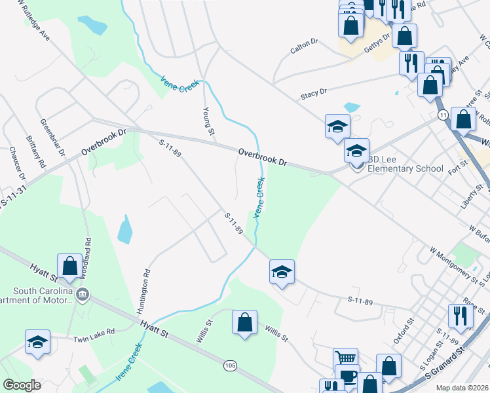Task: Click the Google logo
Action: (x=22, y=385)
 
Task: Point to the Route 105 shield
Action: (x=229, y=365)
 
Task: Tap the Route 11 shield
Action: (x=443, y=115)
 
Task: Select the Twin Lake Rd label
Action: (x=94, y=331)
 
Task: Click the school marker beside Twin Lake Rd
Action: (x=37, y=342)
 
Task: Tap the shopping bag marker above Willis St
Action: (x=244, y=322)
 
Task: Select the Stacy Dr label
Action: (x=314, y=94)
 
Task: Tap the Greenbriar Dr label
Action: (x=54, y=138)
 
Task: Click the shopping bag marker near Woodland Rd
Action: (x=69, y=267)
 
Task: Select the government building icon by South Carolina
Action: (x=83, y=293)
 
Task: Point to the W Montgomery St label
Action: (x=454, y=263)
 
